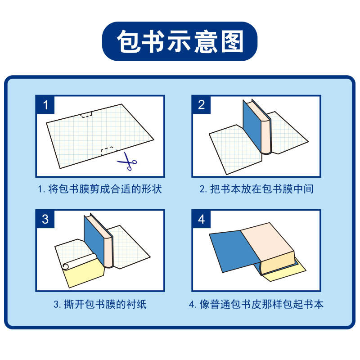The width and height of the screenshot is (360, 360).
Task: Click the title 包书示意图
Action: pyautogui.click(x=180, y=41)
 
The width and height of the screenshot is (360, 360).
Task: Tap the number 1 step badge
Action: pyautogui.click(x=45, y=105)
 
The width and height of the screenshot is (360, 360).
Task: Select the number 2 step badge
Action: pyautogui.click(x=201, y=105)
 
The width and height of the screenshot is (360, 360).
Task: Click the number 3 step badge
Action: pyautogui.click(x=45, y=219)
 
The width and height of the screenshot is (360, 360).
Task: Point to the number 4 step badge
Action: pyautogui.click(x=201, y=219)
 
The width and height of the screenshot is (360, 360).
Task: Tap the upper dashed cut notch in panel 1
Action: pyautogui.click(x=86, y=114)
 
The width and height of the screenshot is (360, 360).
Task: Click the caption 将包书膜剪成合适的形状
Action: pyautogui.click(x=99, y=189)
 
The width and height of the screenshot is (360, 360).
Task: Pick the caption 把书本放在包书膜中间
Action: pyautogui.click(x=256, y=189)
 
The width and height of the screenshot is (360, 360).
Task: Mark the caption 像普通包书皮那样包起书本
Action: pyautogui.click(x=256, y=304)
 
